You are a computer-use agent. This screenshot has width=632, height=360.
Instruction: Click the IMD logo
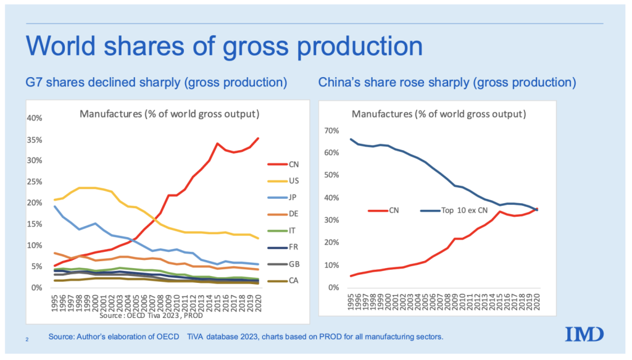point(583,334)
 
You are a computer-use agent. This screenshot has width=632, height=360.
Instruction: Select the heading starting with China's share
point(447,82)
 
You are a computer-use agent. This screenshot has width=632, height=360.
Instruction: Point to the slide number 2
point(27,339)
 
